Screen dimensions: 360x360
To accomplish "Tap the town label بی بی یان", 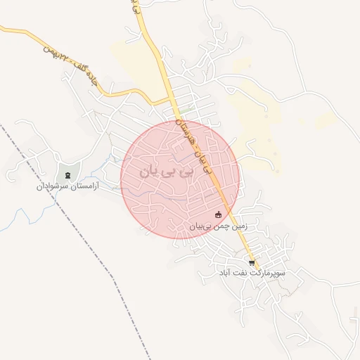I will [165, 172].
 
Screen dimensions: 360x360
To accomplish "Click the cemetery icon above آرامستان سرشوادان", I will [68, 175].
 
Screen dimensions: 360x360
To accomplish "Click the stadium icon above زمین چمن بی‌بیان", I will [218, 215].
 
